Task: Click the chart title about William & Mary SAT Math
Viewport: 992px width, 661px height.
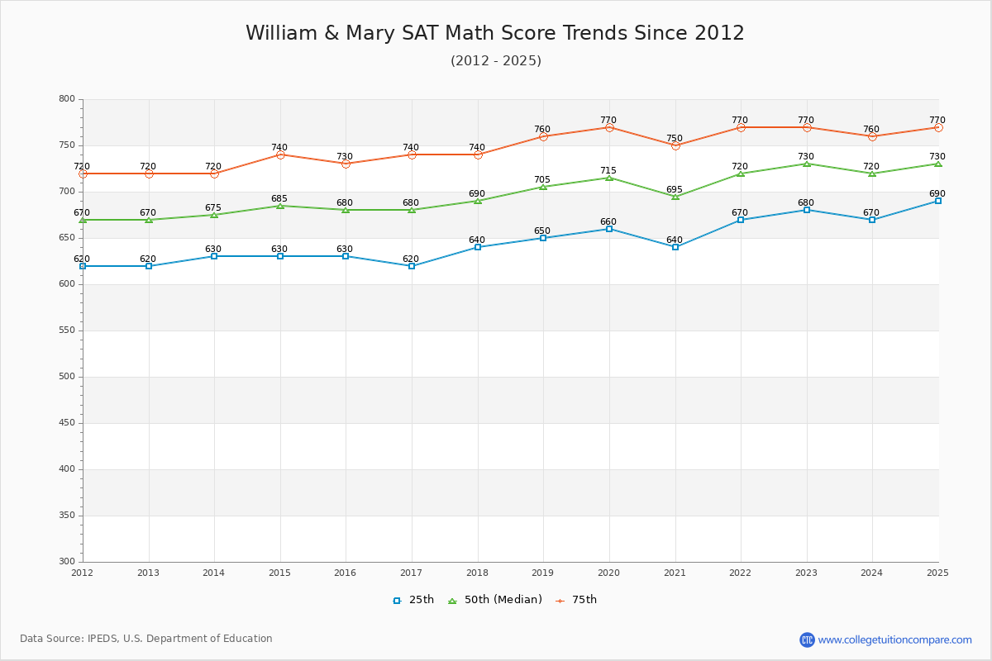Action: coord(494,33)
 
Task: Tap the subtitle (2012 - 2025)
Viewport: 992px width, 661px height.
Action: coord(495,60)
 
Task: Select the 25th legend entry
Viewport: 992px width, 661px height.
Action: coord(413,600)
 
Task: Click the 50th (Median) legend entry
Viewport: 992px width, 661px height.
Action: coord(495,600)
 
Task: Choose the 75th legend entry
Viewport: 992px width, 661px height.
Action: coord(576,600)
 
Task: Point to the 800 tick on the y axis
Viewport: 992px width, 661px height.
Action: coord(66,99)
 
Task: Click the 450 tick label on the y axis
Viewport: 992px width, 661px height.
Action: coord(66,423)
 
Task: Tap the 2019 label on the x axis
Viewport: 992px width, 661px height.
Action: coord(542,573)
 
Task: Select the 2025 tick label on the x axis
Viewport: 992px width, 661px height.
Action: coord(937,573)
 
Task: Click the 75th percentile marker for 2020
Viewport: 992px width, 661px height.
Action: coord(609,127)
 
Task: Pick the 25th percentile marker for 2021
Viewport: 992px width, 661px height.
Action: coord(675,247)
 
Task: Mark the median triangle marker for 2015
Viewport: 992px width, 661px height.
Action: coord(280,206)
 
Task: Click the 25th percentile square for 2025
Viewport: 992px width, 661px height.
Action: coord(938,201)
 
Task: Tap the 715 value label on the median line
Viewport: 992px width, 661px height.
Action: coord(608,170)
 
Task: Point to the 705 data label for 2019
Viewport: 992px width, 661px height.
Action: coord(542,180)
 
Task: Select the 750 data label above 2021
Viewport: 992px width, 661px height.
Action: coord(675,138)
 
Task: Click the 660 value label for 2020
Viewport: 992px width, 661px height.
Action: coord(608,221)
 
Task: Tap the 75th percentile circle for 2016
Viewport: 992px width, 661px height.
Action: coord(346,164)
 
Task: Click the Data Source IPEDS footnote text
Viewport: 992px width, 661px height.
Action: coord(146,639)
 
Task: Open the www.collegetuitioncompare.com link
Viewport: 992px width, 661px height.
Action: coord(894,640)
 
